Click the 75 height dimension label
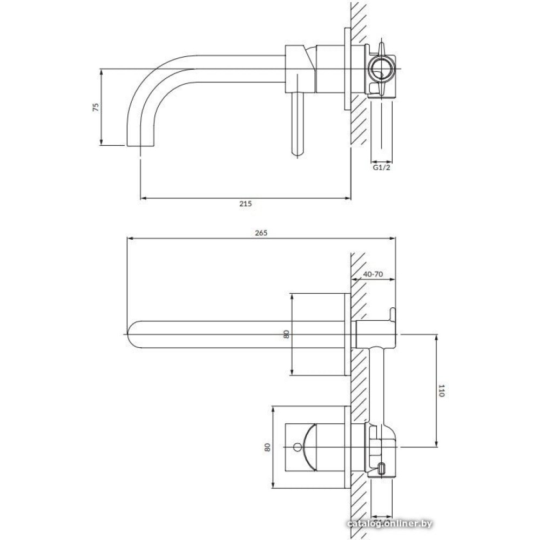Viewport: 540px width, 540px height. pyautogui.click(x=96, y=106)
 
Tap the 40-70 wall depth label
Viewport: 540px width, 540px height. pyautogui.click(x=373, y=274)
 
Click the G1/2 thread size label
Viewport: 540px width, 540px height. pyautogui.click(x=382, y=168)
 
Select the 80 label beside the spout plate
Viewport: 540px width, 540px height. pyautogui.click(x=286, y=334)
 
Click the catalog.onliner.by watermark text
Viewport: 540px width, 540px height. pyautogui.click(x=390, y=524)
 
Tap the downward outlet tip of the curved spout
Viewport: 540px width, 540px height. pyautogui.click(x=140, y=145)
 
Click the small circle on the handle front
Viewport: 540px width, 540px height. pyautogui.click(x=296, y=447)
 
